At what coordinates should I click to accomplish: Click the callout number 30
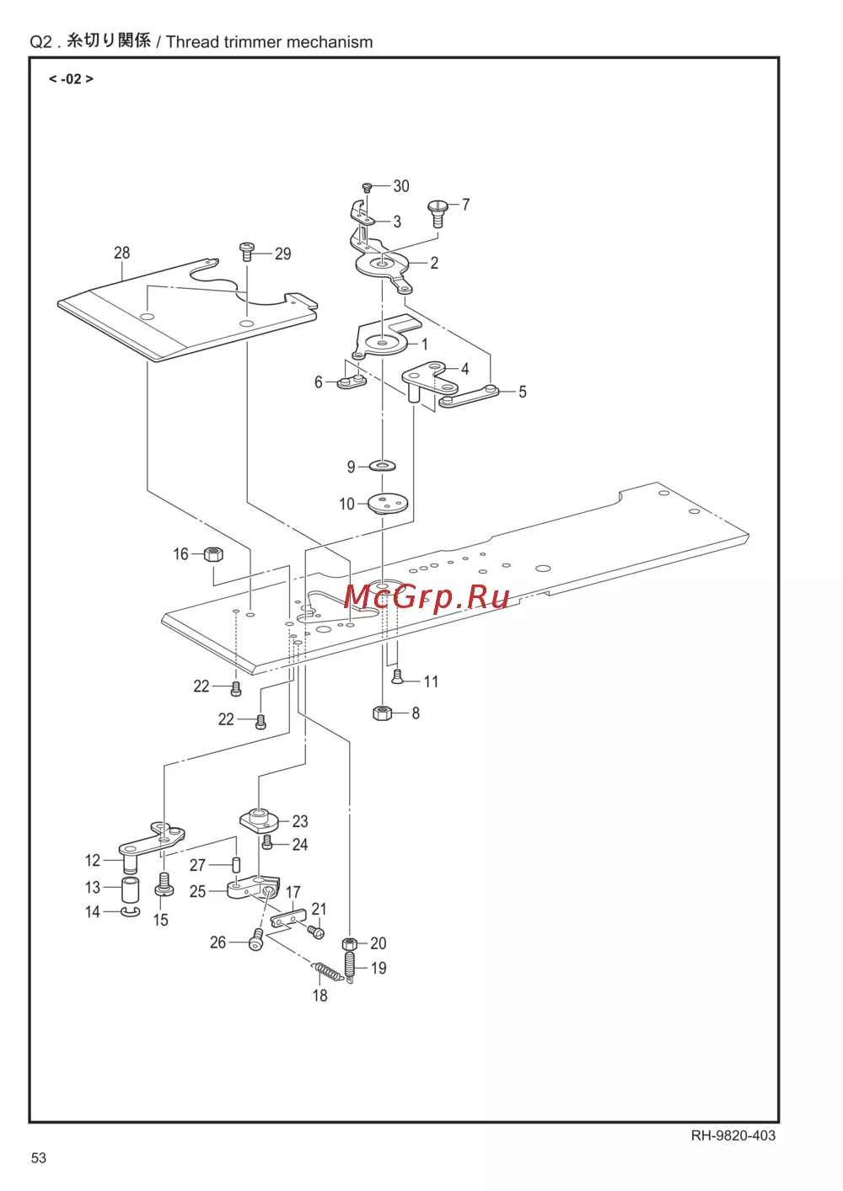point(401,186)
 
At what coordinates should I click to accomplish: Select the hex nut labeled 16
point(213,554)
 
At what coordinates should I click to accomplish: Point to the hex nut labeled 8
point(382,713)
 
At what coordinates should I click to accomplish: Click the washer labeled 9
point(383,466)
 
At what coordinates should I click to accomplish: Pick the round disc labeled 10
point(388,504)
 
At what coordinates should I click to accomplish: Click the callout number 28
point(122,253)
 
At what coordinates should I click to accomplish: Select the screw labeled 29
point(247,250)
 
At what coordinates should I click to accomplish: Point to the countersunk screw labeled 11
point(398,676)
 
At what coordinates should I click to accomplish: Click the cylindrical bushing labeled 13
point(131,889)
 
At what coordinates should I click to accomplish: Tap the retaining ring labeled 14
point(131,912)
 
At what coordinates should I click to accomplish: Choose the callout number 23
point(300,821)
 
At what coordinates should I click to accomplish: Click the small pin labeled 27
point(237,865)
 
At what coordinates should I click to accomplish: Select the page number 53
point(39,1158)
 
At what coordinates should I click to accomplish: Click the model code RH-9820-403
point(733,1135)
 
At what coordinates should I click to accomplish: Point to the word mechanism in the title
point(328,42)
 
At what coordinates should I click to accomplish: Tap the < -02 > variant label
point(71,79)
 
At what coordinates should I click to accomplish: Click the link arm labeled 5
point(469,396)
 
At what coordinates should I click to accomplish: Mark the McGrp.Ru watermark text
point(427,596)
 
